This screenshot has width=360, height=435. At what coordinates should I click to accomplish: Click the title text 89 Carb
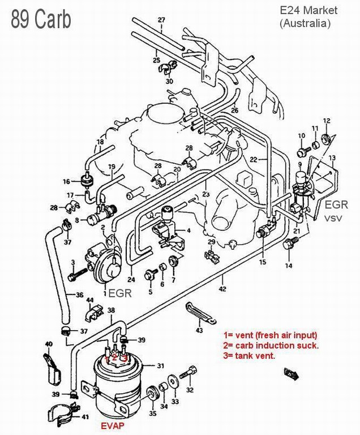(x=41, y=19)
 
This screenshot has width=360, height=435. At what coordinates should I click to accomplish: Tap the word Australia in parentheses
(x=305, y=23)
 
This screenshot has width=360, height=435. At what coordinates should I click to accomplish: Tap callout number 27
(x=161, y=20)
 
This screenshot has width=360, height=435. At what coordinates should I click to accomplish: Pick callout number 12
(x=327, y=121)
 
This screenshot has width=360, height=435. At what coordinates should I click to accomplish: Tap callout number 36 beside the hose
(x=79, y=295)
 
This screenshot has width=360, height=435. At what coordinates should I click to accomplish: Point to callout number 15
(x=263, y=262)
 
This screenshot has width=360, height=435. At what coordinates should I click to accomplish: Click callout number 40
(x=48, y=344)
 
